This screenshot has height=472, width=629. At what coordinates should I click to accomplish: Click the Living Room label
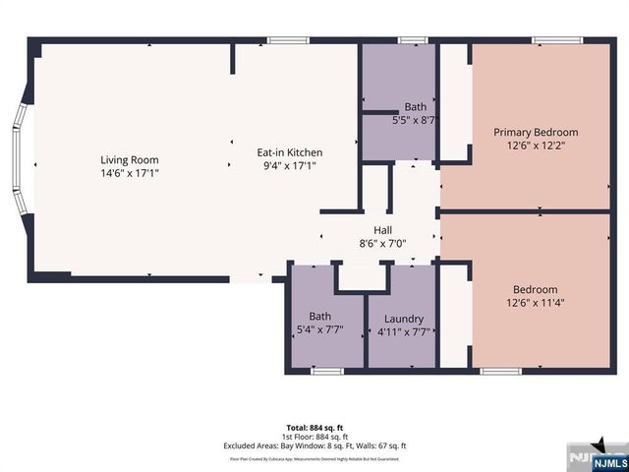tap(129, 160)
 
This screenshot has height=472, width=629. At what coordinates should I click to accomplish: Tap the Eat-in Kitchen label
tap(290, 152)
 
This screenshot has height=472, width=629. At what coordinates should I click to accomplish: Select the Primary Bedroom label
tap(536, 132)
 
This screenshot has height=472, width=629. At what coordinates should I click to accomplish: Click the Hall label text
tap(382, 230)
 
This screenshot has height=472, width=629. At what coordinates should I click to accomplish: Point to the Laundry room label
tap(404, 319)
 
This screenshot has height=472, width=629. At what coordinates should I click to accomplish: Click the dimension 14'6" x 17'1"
tap(129, 173)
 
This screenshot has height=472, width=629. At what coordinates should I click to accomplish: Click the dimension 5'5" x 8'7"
tap(413, 119)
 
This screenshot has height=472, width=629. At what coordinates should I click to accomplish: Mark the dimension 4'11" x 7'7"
tap(404, 331)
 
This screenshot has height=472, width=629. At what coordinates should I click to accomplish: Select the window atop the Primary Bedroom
tap(547, 40)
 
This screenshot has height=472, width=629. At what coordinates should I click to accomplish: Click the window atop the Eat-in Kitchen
tap(285, 40)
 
